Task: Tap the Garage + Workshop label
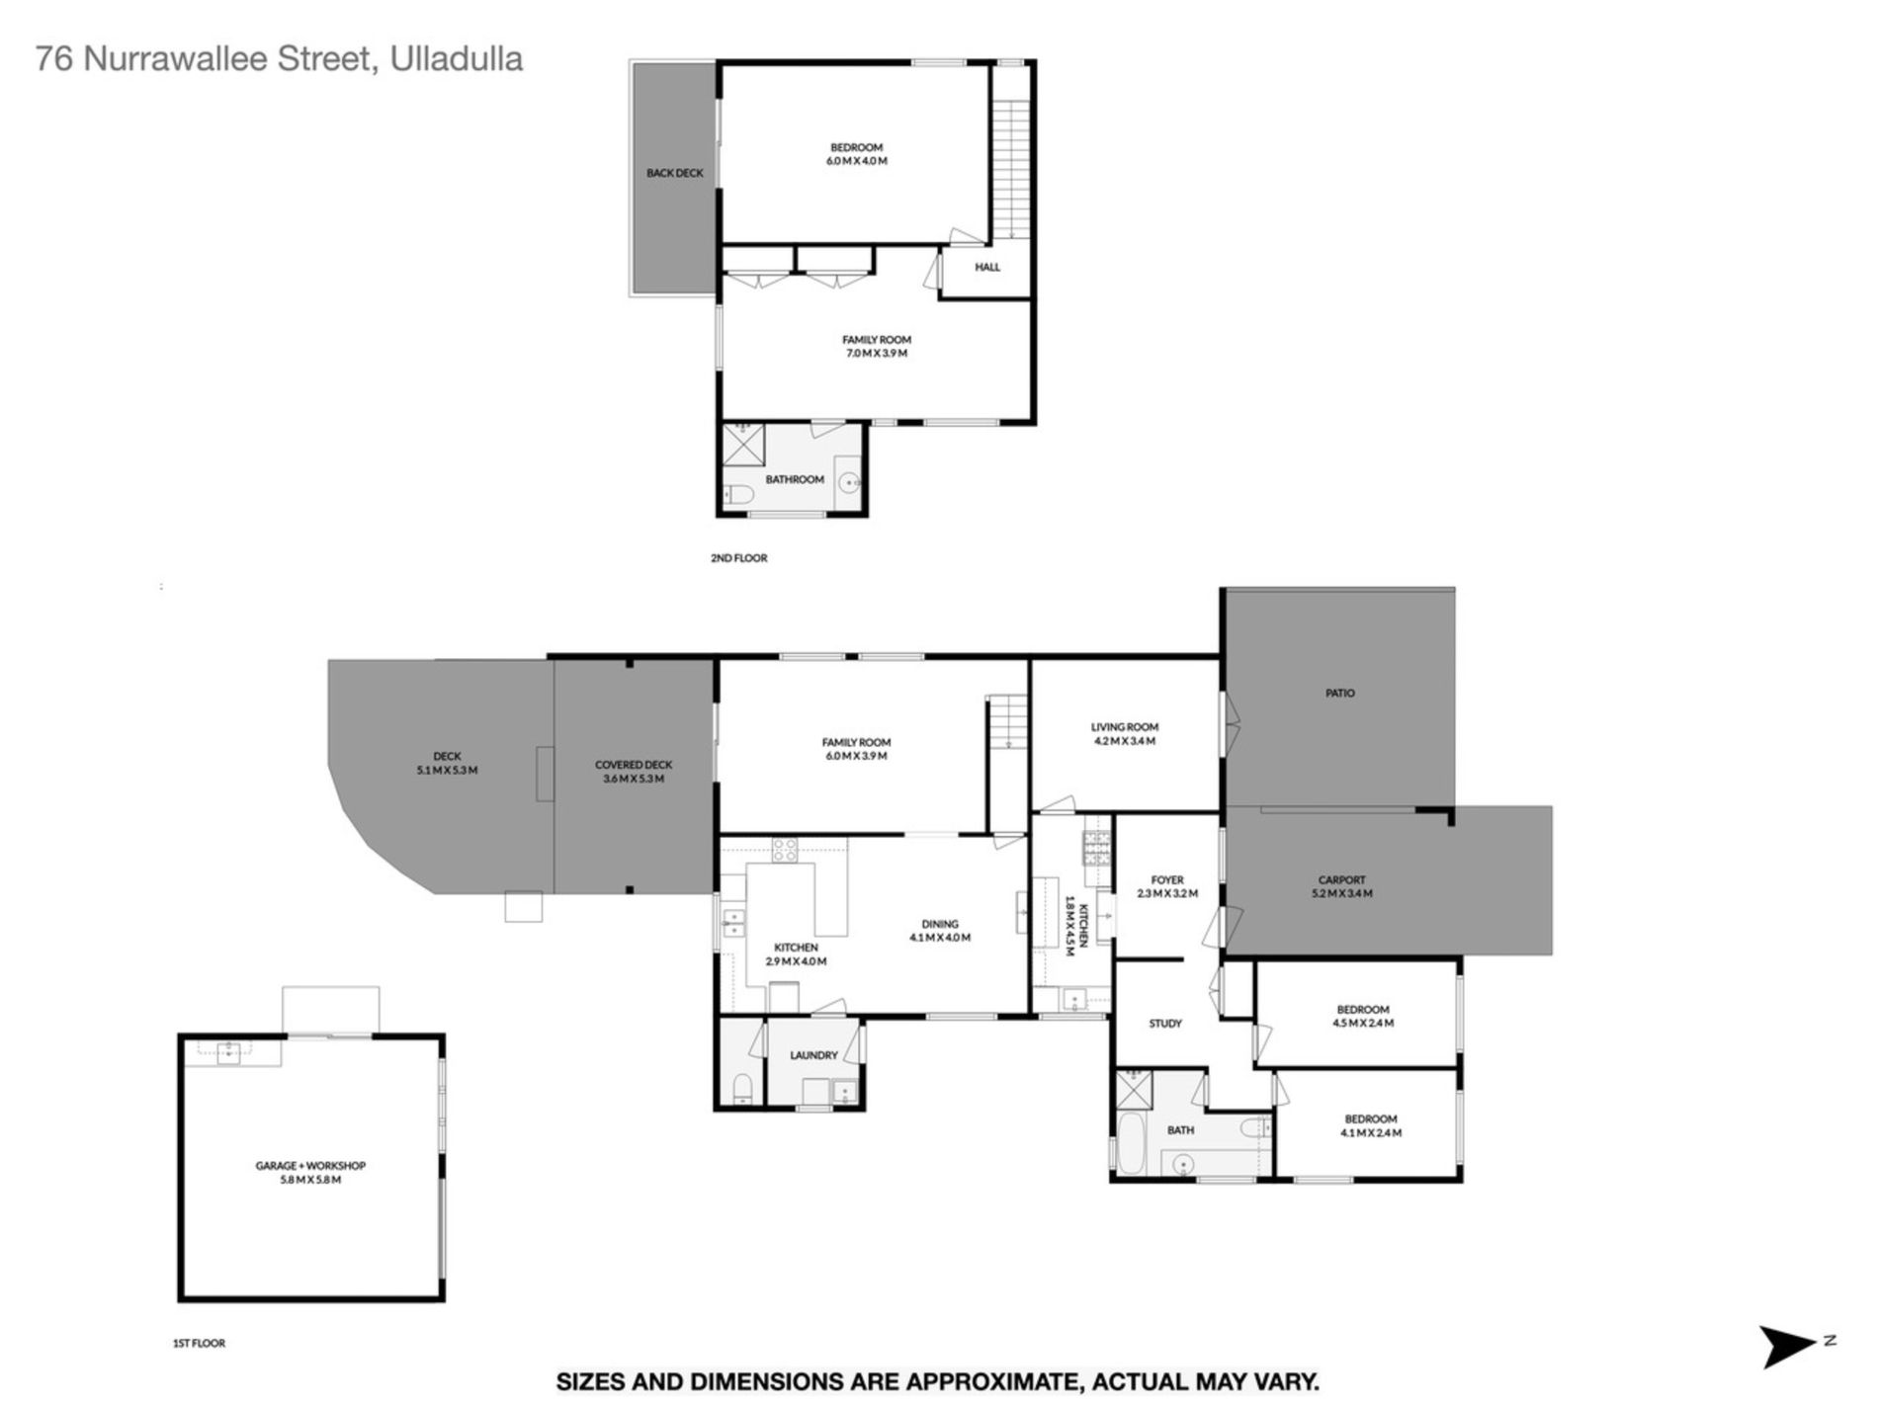[x=310, y=1173]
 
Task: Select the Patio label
[x=1340, y=694]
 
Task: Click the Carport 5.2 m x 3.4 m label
[x=1341, y=886]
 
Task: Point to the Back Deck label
[x=675, y=173]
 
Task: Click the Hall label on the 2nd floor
[x=987, y=267]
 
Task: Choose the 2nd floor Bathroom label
[x=795, y=479]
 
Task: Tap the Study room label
[x=1165, y=1024]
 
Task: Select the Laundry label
[x=813, y=1055]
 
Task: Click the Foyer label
[x=1167, y=886]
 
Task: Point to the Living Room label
[x=1125, y=733]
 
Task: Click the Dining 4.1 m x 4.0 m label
[x=940, y=931]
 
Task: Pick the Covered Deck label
[x=634, y=772]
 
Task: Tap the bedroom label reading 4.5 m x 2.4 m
[x=1363, y=1017]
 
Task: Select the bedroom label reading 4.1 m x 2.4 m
[x=1371, y=1126]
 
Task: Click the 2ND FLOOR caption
[x=739, y=558]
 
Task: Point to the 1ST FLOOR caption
[x=199, y=1344]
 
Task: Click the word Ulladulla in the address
[x=457, y=59]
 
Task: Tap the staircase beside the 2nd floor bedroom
[x=1011, y=169]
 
